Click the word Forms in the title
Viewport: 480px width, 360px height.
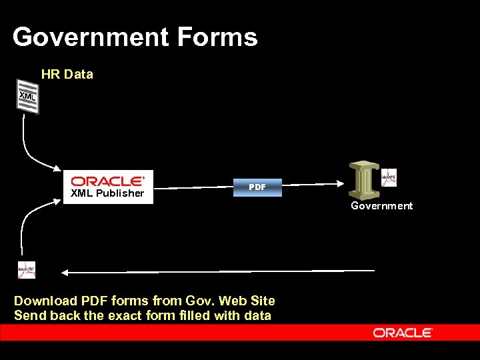click(x=217, y=37)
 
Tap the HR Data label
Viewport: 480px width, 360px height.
click(x=67, y=75)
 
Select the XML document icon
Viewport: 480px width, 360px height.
click(x=27, y=96)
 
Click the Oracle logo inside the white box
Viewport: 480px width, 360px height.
click(x=108, y=181)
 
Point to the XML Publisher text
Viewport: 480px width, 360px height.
click(x=107, y=193)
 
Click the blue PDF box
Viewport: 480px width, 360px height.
click(x=257, y=187)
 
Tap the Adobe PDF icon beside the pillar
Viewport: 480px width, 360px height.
click(x=389, y=178)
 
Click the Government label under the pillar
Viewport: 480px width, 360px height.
click(x=382, y=206)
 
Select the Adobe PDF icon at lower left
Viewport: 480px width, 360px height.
click(x=27, y=270)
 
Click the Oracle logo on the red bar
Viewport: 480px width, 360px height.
click(x=403, y=332)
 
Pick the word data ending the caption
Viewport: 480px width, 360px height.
click(x=257, y=315)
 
